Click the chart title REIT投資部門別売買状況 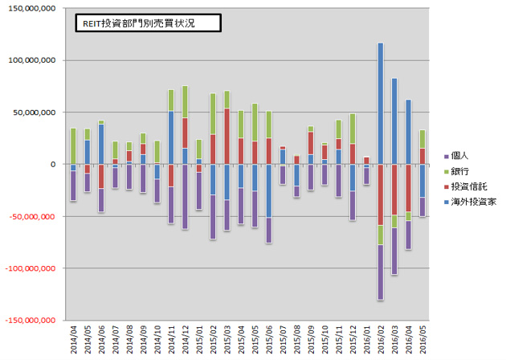coord(140,24)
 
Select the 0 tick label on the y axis coord(52,164)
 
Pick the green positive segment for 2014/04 coord(73,145)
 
